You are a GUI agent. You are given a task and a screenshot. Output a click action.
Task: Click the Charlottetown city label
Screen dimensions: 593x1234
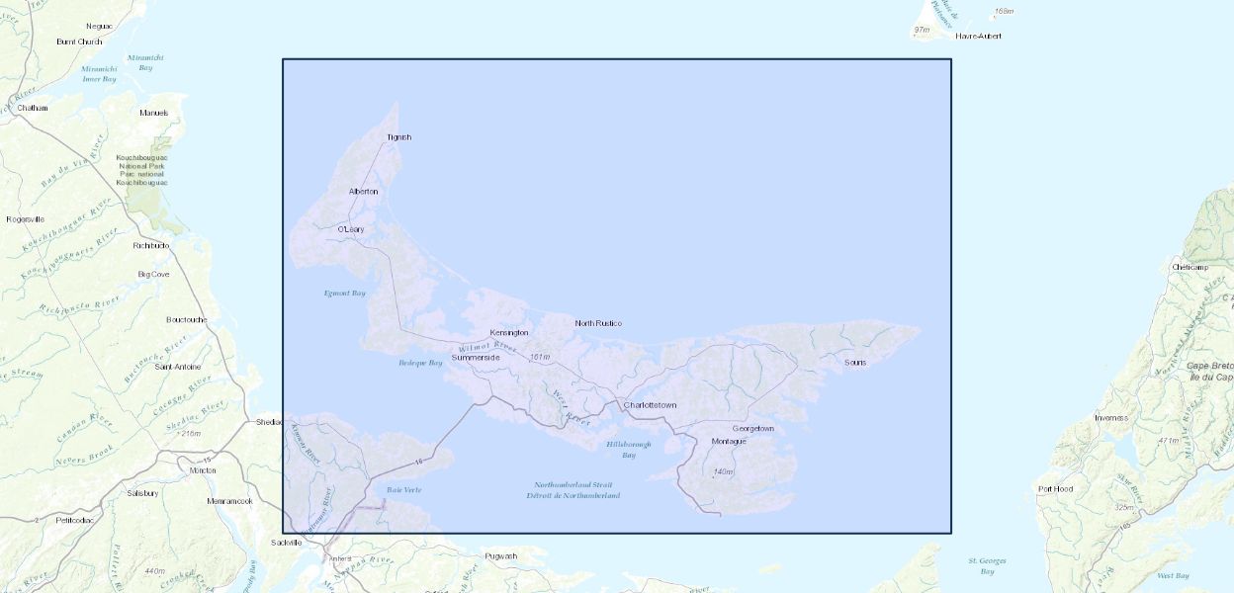point(650,406)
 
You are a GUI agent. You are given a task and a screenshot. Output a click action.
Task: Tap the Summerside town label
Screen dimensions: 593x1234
point(476,357)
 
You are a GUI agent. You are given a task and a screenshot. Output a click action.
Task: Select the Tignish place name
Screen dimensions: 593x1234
point(398,137)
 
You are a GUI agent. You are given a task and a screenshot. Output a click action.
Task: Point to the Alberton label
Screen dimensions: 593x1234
point(363,191)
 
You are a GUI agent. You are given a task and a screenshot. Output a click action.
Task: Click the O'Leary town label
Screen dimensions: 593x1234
point(351,229)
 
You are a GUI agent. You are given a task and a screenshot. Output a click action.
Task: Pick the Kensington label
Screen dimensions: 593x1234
point(509,333)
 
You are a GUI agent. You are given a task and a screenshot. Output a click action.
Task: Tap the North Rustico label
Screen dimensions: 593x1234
point(598,323)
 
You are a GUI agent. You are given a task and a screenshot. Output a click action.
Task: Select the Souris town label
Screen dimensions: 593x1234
point(855,363)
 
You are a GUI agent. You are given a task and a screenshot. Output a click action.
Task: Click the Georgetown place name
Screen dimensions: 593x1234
point(752,429)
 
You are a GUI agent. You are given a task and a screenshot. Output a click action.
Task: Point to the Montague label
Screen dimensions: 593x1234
point(729,441)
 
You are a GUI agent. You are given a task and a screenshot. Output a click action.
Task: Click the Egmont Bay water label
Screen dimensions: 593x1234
point(345,294)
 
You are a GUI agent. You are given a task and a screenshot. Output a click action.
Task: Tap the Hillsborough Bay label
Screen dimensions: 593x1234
point(629,450)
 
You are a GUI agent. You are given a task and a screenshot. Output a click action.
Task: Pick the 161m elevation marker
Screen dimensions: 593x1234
point(539,357)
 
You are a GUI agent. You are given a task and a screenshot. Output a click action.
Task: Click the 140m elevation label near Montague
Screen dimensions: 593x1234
point(723,471)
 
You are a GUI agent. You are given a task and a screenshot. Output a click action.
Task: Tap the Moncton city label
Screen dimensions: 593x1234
point(203,470)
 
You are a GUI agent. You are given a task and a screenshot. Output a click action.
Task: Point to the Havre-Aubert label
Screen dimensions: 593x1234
point(978,36)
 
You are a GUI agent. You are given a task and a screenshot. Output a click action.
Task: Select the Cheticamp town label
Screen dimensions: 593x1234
point(1190,268)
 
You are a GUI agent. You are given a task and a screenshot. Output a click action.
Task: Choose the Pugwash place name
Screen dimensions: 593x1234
point(501,556)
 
